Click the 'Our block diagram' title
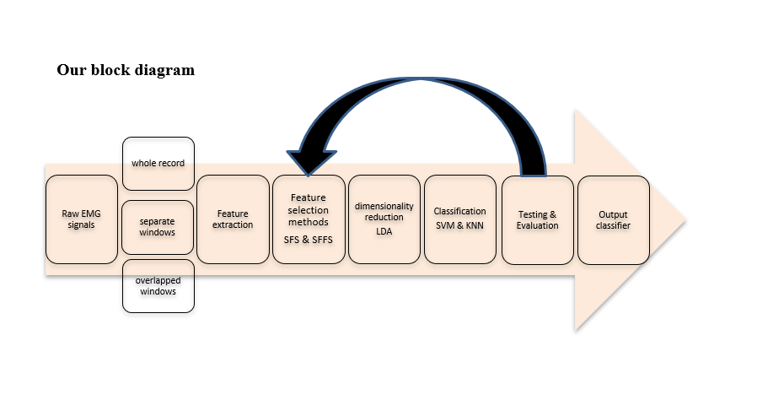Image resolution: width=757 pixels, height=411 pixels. click(126, 70)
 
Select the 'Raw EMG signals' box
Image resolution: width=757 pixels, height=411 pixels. click(81, 219)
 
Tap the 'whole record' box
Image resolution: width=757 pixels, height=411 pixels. click(158, 163)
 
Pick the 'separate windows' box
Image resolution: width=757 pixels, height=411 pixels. click(158, 227)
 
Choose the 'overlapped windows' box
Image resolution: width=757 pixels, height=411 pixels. click(158, 285)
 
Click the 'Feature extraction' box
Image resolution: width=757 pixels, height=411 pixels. click(233, 219)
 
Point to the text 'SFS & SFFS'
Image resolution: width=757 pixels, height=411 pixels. click(309, 240)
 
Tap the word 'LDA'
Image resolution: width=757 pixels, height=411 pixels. click(384, 230)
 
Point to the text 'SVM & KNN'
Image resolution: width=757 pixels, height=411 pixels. click(460, 225)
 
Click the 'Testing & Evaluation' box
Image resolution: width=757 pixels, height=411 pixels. click(537, 219)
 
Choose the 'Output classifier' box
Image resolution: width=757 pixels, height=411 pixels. click(613, 219)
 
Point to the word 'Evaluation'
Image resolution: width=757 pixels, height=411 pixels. click(537, 225)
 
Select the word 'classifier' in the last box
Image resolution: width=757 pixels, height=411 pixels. click(613, 225)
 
